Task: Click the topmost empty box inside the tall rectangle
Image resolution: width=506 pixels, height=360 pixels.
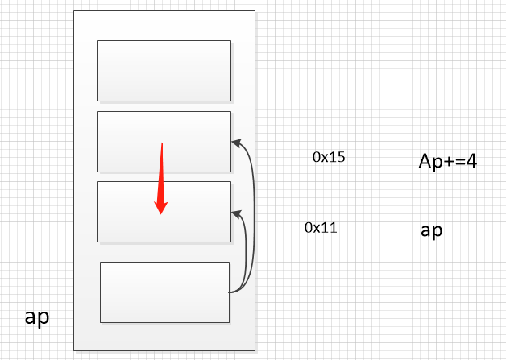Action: (164, 71)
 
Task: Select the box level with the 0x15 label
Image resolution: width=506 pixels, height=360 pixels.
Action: (164, 142)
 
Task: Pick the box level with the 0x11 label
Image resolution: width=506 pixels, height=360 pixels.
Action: (164, 211)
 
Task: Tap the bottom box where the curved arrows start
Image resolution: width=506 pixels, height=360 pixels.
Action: (164, 292)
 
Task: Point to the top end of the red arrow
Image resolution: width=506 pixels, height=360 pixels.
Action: (162, 144)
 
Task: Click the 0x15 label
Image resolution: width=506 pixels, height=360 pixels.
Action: (329, 157)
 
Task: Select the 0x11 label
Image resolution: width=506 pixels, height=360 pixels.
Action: (321, 227)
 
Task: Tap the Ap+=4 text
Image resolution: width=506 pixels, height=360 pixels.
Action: (448, 161)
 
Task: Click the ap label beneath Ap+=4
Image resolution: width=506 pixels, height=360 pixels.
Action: (431, 231)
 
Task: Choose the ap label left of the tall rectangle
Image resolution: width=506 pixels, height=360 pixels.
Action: (37, 317)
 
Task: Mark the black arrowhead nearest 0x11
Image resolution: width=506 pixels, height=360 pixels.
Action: (235, 213)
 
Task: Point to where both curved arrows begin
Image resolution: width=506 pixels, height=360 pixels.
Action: (230, 292)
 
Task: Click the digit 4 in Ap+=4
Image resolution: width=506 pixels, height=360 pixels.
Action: (471, 161)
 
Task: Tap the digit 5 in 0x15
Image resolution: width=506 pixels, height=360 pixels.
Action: (341, 157)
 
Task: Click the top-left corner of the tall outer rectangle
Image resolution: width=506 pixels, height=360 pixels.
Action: (73, 11)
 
